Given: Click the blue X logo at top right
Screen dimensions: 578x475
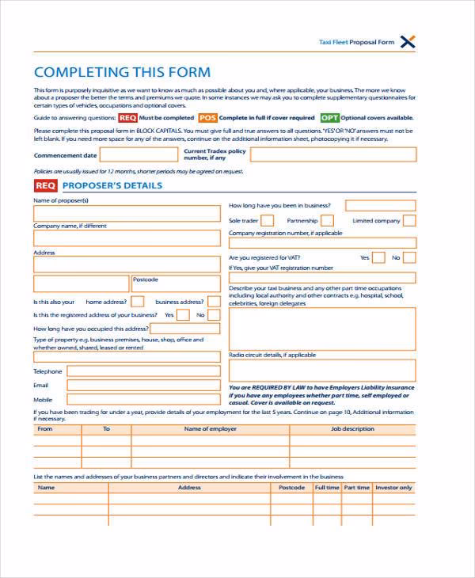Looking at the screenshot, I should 408,42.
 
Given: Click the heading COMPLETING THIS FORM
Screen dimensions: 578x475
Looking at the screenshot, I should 123,72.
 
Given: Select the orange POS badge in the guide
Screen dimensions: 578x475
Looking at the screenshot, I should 207,117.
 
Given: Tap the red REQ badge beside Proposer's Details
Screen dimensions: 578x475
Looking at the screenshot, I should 45,186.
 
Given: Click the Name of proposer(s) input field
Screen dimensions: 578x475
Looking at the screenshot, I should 127,214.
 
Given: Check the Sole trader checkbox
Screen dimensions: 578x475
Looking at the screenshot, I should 268,221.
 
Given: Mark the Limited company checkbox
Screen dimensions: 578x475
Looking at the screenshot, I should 408,221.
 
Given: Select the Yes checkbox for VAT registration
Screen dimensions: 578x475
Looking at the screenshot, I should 378,257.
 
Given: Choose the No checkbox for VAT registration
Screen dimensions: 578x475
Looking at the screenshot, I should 408,257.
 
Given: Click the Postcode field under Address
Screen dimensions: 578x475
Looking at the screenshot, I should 176,283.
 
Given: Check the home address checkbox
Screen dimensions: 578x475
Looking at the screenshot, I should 138,302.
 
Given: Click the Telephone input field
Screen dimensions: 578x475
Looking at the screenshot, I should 143,371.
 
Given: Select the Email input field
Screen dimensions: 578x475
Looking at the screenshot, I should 143,385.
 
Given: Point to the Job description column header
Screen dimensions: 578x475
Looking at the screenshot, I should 352,429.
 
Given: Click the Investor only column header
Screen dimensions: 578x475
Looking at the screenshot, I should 393,488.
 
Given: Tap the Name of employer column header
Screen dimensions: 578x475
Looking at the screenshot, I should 210,429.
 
